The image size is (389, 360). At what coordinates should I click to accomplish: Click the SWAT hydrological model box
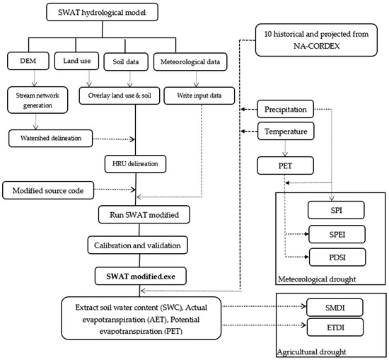coord(102,12)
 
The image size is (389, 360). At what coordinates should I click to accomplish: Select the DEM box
coord(28,61)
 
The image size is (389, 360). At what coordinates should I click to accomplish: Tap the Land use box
coord(76,61)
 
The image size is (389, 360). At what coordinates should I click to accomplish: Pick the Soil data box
coord(126,62)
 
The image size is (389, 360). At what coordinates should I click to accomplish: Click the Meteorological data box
coord(190,62)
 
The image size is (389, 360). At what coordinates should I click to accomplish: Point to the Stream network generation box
coord(37,100)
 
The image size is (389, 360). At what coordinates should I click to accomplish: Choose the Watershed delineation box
coord(51,138)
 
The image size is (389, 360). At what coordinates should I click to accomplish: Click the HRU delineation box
coord(135,164)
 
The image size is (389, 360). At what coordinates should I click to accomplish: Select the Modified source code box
coord(48,190)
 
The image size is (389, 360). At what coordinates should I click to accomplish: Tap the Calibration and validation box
coord(138,245)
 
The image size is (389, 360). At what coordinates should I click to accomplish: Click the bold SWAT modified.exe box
coord(141,276)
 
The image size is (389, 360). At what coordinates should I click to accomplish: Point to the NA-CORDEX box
coord(316,40)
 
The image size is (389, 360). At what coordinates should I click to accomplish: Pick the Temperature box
coord(286,131)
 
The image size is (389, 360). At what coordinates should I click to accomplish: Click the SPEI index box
coord(337,234)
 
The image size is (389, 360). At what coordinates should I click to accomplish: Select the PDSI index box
coord(337,257)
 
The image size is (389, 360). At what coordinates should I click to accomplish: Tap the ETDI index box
coord(335,327)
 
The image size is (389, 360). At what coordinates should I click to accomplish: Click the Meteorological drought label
coord(317,279)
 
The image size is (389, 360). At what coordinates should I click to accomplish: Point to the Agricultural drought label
coord(311,352)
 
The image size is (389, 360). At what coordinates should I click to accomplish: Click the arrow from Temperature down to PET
coord(285,149)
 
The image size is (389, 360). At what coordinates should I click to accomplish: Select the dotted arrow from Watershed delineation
coord(114,139)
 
